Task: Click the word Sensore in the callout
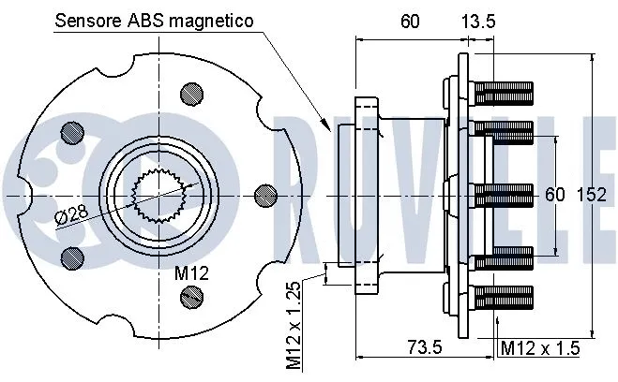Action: point(87,21)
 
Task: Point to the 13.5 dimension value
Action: point(476,21)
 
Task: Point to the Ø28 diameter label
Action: point(71,214)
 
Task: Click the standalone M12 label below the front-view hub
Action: point(190,272)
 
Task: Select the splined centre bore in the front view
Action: point(158,193)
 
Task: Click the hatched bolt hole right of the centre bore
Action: point(266,194)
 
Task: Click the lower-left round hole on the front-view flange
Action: point(69,255)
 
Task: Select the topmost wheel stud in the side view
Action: point(504,93)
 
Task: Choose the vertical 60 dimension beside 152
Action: point(555,195)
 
